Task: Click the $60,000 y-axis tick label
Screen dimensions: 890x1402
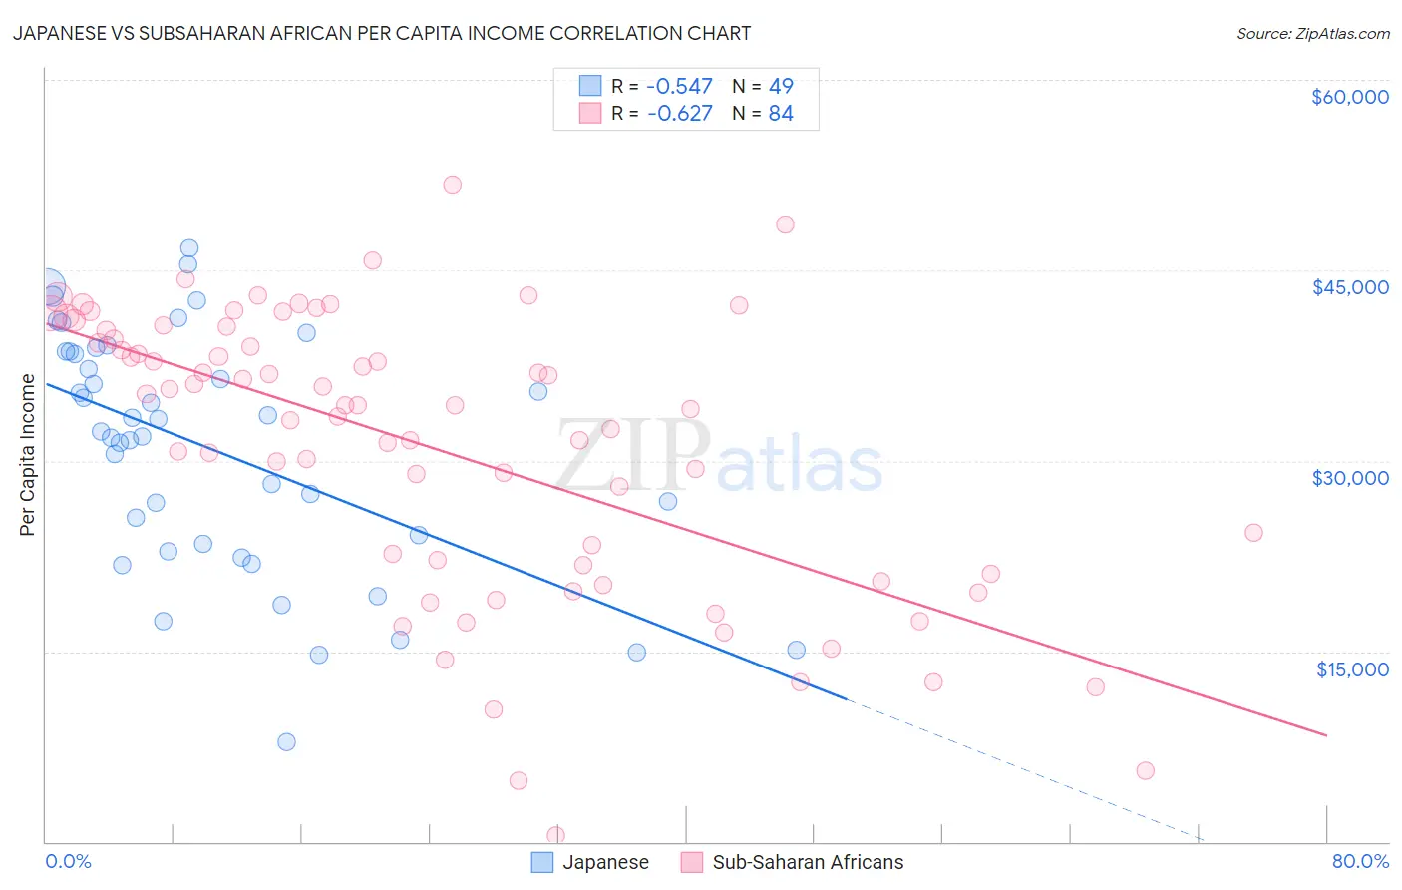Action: coord(1349,97)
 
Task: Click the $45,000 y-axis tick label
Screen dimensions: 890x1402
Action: coord(1349,287)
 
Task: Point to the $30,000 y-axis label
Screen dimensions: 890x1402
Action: coord(1349,478)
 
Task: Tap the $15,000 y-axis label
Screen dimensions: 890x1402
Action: coord(1352,669)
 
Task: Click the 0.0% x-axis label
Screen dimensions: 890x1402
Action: coord(68,861)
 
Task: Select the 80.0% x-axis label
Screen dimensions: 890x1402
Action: coord(1360,861)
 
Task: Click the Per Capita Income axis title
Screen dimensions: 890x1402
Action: coord(28,455)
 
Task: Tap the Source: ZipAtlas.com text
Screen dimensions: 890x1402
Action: coord(1312,33)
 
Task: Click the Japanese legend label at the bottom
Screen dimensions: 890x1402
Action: coord(605,862)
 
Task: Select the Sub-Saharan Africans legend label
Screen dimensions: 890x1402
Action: coord(808,862)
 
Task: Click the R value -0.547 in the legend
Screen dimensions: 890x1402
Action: coord(679,86)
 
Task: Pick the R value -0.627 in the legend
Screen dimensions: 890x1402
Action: coord(679,113)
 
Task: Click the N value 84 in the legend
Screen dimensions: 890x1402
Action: coord(781,113)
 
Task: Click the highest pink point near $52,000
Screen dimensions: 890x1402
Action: coord(452,185)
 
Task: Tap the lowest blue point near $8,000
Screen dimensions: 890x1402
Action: coord(286,741)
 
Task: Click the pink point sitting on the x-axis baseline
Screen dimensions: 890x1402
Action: coord(555,835)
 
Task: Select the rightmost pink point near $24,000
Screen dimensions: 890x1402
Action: coord(1253,533)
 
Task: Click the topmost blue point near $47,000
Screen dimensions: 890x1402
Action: coord(188,248)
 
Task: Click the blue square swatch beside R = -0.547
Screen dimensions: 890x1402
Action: coord(590,86)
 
